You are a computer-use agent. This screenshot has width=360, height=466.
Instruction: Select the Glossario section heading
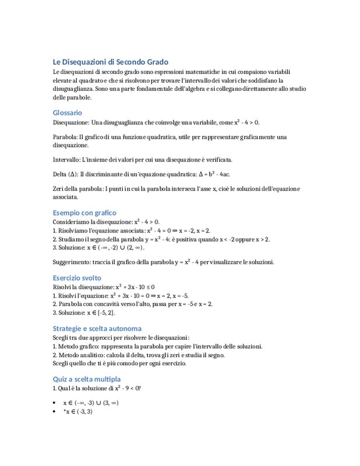point(67,112)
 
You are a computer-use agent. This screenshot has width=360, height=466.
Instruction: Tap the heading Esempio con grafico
point(84,213)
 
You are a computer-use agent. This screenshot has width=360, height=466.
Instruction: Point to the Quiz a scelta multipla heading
point(86,379)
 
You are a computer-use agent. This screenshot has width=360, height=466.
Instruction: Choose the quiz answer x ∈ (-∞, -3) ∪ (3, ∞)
point(91,403)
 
